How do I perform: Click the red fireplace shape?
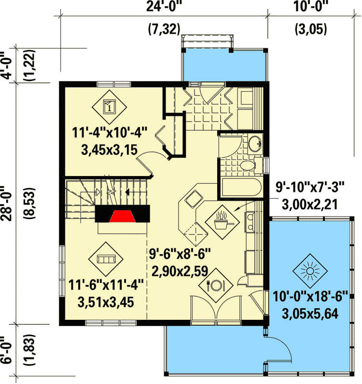[x=121, y=214]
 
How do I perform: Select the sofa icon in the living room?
[x=106, y=259]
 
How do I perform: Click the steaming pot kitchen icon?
[x=222, y=220]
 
